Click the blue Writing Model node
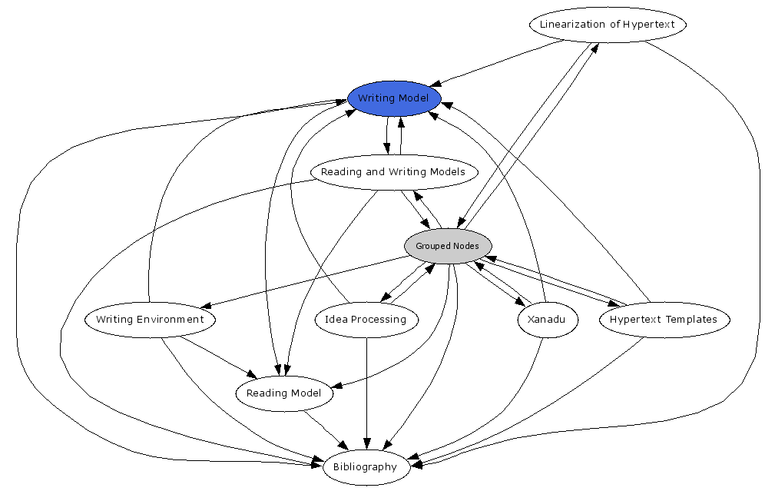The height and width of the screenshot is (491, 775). click(394, 98)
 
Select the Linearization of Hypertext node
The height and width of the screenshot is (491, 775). click(607, 24)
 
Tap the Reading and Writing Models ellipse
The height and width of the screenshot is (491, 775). click(393, 172)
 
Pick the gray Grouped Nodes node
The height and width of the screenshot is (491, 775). click(448, 246)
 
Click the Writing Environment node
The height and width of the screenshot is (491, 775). click(150, 320)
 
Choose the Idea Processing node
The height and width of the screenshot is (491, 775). click(366, 320)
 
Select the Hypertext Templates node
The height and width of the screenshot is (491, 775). click(664, 320)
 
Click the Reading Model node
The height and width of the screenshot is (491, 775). click(283, 393)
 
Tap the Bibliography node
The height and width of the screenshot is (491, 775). click(366, 467)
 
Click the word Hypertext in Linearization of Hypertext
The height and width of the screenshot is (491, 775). click(649, 24)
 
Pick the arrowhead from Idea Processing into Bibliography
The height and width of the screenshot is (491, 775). click(366, 443)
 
